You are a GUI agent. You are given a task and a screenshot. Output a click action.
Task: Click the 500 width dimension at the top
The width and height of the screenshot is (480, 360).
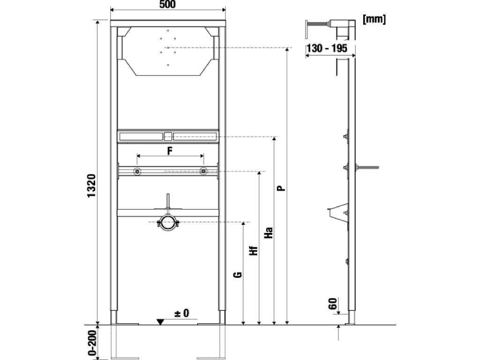point(167,4)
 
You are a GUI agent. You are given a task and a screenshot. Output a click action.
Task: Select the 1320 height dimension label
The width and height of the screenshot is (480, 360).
point(91,186)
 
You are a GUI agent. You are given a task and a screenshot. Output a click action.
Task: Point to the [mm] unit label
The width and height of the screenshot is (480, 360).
point(374,19)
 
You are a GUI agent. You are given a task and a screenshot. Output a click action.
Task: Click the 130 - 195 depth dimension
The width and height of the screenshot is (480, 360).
point(327,48)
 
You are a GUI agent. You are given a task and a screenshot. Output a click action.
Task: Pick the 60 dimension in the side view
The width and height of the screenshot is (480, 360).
point(333,303)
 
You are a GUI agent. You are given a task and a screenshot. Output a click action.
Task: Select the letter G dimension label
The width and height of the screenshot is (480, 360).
point(238,275)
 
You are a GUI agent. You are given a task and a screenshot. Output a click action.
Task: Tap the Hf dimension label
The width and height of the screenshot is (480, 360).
point(254,251)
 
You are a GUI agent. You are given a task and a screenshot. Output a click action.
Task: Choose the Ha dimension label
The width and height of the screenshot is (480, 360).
point(268,232)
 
